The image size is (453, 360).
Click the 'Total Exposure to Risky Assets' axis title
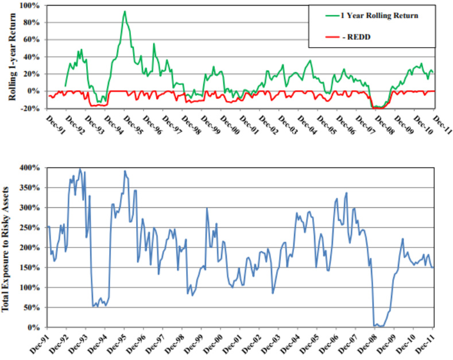10,249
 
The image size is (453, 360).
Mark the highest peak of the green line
125,11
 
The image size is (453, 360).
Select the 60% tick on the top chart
32,40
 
